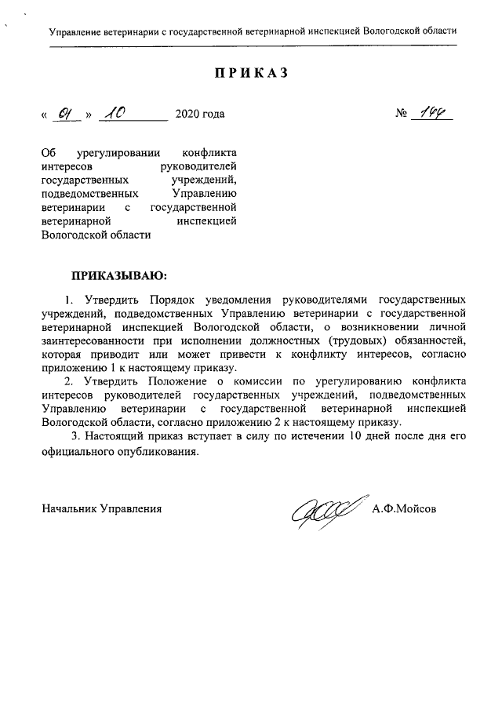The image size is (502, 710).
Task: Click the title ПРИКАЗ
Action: [x=251, y=73]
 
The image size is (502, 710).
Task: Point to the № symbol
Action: [x=402, y=115]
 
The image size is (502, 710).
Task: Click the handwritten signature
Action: [x=326, y=509]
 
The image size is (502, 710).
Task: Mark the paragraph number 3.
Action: [x=75, y=436]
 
